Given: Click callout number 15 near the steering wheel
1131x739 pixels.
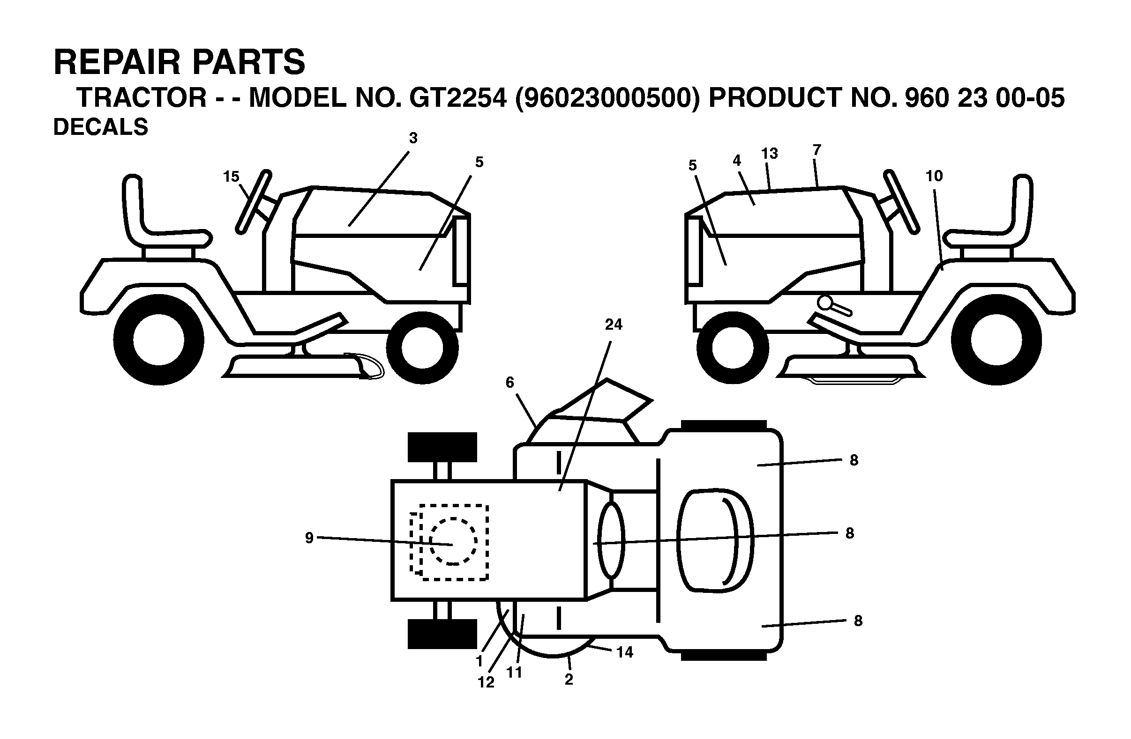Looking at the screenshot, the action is (231, 177).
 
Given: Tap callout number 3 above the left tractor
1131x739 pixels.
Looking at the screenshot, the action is (413, 138).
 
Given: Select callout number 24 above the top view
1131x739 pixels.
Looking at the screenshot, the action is (614, 325).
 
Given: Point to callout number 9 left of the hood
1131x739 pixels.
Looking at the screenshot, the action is (309, 538).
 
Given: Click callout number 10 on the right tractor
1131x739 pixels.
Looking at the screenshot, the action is (934, 176).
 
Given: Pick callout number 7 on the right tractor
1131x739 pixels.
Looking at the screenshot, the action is (816, 150).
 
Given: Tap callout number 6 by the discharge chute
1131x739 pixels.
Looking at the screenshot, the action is (510, 382).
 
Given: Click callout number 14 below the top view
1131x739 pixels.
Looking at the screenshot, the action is (625, 652).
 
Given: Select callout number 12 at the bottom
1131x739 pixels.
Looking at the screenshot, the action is (486, 682).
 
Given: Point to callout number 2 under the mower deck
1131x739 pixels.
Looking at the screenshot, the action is (569, 679).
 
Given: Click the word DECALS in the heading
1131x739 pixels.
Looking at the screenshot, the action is (101, 127).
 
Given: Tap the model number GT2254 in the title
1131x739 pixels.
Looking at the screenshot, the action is (457, 97).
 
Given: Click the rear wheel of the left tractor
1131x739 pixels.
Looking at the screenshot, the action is (159, 340).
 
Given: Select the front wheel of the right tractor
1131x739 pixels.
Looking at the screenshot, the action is (733, 347).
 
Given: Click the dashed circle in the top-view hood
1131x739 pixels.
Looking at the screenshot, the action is (453, 541).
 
